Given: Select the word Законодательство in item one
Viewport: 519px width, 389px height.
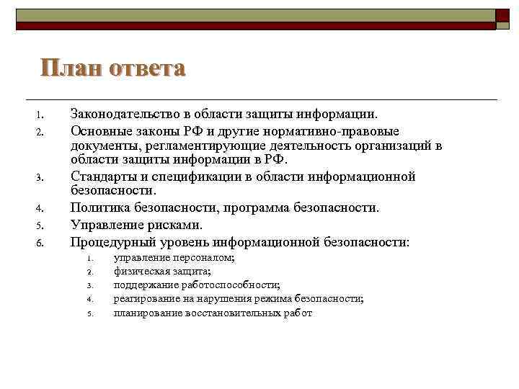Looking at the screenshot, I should pyautogui.click(x=124, y=114).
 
